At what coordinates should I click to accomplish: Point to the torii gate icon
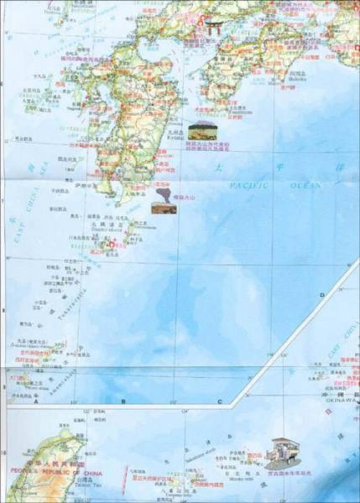pos(216,28)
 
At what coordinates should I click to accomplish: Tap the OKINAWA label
pos(337,402)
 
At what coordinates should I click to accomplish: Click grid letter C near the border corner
pos(220,402)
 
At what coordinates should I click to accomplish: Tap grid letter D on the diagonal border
pos(321,295)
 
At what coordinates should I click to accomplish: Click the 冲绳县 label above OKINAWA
pos(337,392)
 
